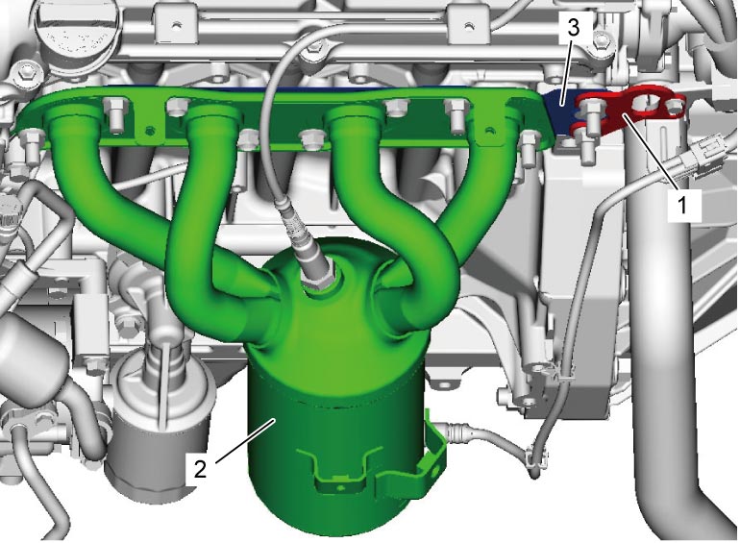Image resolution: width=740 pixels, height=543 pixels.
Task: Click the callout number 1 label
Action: pyautogui.click(x=682, y=206)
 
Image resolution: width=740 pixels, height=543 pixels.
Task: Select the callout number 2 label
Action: pyautogui.click(x=201, y=469)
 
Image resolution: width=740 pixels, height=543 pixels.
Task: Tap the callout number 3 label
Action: pyautogui.click(x=573, y=28)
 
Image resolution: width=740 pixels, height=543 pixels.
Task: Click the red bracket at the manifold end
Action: pyautogui.click(x=628, y=110)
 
